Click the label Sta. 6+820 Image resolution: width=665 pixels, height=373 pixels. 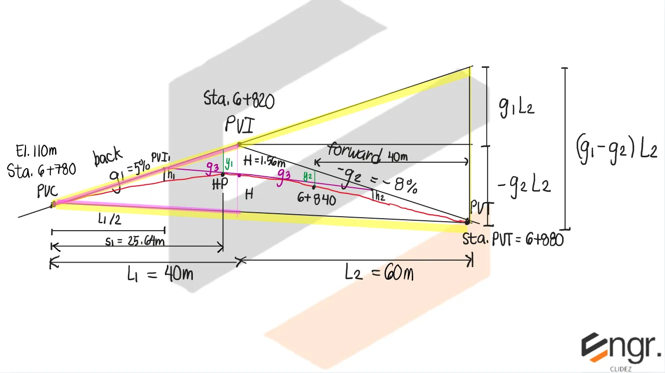point(239,100)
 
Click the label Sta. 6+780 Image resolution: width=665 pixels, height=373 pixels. point(41,171)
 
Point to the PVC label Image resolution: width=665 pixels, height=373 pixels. point(47,191)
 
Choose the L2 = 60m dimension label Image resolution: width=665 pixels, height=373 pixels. point(380,273)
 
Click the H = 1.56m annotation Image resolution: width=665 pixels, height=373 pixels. point(264,161)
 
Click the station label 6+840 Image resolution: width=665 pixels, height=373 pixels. point(316,198)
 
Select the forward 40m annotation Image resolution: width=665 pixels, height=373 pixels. point(367,153)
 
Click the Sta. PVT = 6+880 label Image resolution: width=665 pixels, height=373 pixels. point(513,240)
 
